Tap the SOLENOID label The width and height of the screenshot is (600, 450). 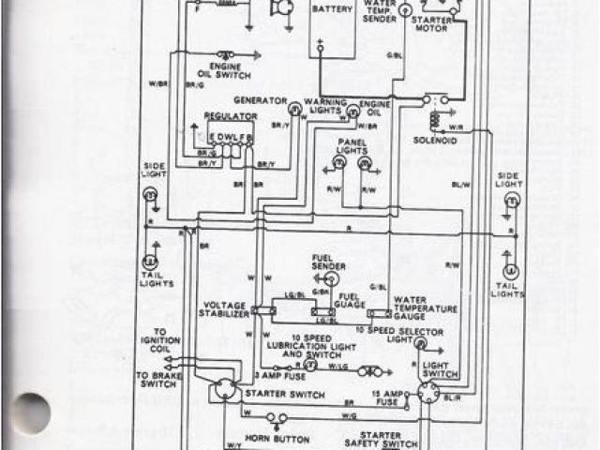click(x=433, y=142)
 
